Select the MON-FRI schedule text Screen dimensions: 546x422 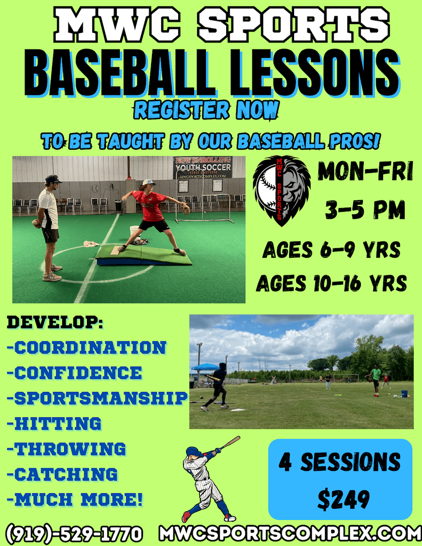[365, 172]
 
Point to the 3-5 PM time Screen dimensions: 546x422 [365, 210]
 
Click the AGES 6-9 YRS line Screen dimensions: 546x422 [331, 251]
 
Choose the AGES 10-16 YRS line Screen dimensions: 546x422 [331, 283]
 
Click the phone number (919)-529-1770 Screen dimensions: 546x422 [74, 534]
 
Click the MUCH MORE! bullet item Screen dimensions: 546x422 [76, 500]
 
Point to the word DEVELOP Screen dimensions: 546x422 [55, 323]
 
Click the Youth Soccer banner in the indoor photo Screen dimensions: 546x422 [203, 167]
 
